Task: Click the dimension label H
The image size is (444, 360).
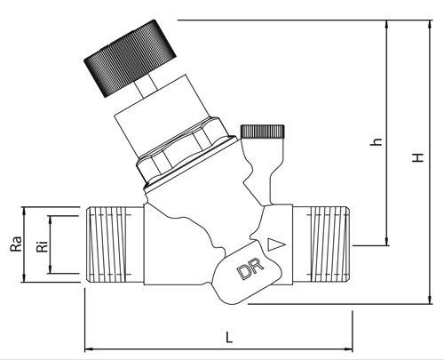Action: click(418, 157)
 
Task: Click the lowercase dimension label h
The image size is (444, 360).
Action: click(377, 142)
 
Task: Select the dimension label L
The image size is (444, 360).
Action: click(229, 337)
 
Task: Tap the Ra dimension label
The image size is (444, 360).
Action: click(16, 244)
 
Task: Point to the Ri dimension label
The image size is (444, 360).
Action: click(43, 245)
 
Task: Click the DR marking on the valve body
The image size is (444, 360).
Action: click(250, 268)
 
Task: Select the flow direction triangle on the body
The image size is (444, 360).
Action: click(276, 244)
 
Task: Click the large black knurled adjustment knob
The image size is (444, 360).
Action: click(131, 59)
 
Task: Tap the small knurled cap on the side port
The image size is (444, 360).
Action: click(263, 132)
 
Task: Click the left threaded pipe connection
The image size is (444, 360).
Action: click(115, 244)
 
